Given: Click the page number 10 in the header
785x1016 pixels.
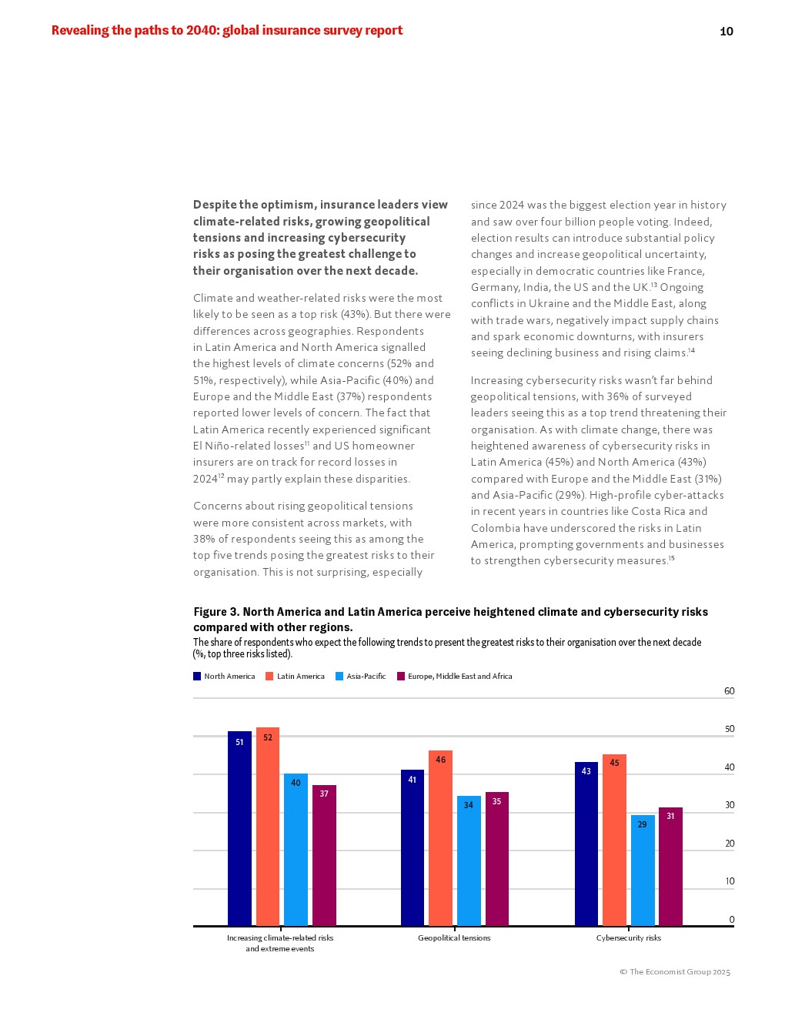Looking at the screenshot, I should coord(726,32).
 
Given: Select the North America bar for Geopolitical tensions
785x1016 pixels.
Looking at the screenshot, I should coord(412,847).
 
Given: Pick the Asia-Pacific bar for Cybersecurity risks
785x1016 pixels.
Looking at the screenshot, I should coord(643,870).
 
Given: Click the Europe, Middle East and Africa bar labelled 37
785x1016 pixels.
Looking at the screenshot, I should coord(324,854).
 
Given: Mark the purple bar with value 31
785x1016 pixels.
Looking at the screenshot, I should coord(670,866).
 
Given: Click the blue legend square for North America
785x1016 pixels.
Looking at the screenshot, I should coord(197,677).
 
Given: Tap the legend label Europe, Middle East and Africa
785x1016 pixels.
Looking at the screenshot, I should coord(459,677).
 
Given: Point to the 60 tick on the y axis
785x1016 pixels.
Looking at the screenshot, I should coord(729,691).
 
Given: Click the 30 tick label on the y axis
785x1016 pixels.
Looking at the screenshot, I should coord(729,805).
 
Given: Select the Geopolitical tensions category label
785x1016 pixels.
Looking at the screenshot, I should coord(454,938).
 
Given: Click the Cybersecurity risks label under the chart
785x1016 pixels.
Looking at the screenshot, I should coord(628,938).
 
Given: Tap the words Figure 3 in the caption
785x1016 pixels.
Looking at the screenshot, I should coord(215,612).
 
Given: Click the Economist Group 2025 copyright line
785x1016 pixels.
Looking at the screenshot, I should coord(675,972).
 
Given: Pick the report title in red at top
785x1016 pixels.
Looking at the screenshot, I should coord(227,31).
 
